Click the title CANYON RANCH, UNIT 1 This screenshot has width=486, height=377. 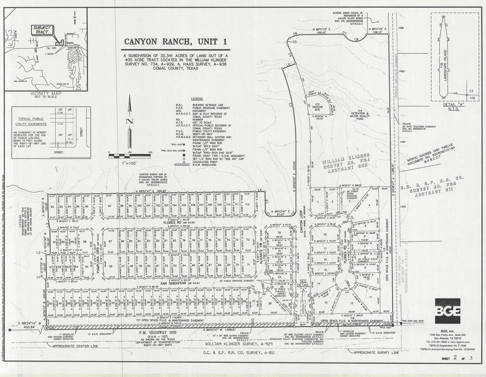[x=175, y=42]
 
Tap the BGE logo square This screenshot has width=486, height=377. [x=447, y=311]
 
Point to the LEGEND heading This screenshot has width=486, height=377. [x=197, y=99]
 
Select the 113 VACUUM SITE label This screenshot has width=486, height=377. [x=317, y=107]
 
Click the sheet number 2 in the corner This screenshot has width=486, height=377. [x=455, y=357]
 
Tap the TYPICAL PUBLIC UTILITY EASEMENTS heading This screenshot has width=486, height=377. [x=31, y=121]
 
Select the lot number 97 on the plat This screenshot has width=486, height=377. [x=110, y=206]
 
